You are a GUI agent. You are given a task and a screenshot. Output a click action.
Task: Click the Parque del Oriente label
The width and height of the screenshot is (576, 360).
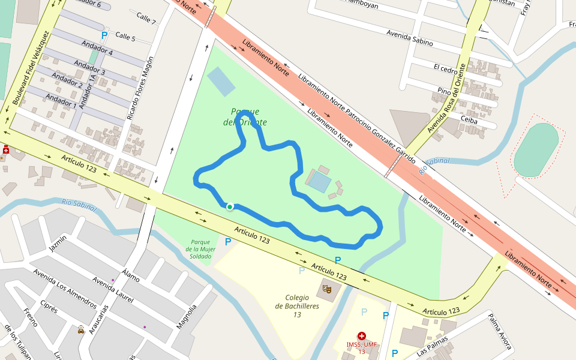coord(245,117)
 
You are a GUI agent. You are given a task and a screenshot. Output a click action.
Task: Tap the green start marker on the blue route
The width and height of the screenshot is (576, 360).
coord(230,206)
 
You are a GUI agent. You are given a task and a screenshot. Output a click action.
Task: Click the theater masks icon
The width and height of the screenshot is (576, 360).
coord(328,289)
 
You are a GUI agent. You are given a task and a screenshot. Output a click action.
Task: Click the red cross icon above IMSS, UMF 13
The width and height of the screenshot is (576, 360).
coord(361,336)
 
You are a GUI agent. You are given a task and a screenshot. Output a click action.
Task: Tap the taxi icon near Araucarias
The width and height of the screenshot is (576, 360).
coord(81,329)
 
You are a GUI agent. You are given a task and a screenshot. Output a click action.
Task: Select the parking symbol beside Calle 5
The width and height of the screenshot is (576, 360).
coord(104,35)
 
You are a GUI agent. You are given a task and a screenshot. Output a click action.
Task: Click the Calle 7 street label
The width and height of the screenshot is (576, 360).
coord(146,18)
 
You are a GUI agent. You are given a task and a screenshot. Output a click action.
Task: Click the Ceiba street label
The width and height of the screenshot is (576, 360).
coord(469,120)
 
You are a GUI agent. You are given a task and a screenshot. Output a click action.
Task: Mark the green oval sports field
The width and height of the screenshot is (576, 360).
coord(536,150)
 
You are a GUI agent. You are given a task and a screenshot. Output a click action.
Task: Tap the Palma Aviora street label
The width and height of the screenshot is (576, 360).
coord(499,331)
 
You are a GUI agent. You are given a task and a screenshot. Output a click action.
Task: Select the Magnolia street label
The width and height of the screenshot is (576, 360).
coord(186,317)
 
